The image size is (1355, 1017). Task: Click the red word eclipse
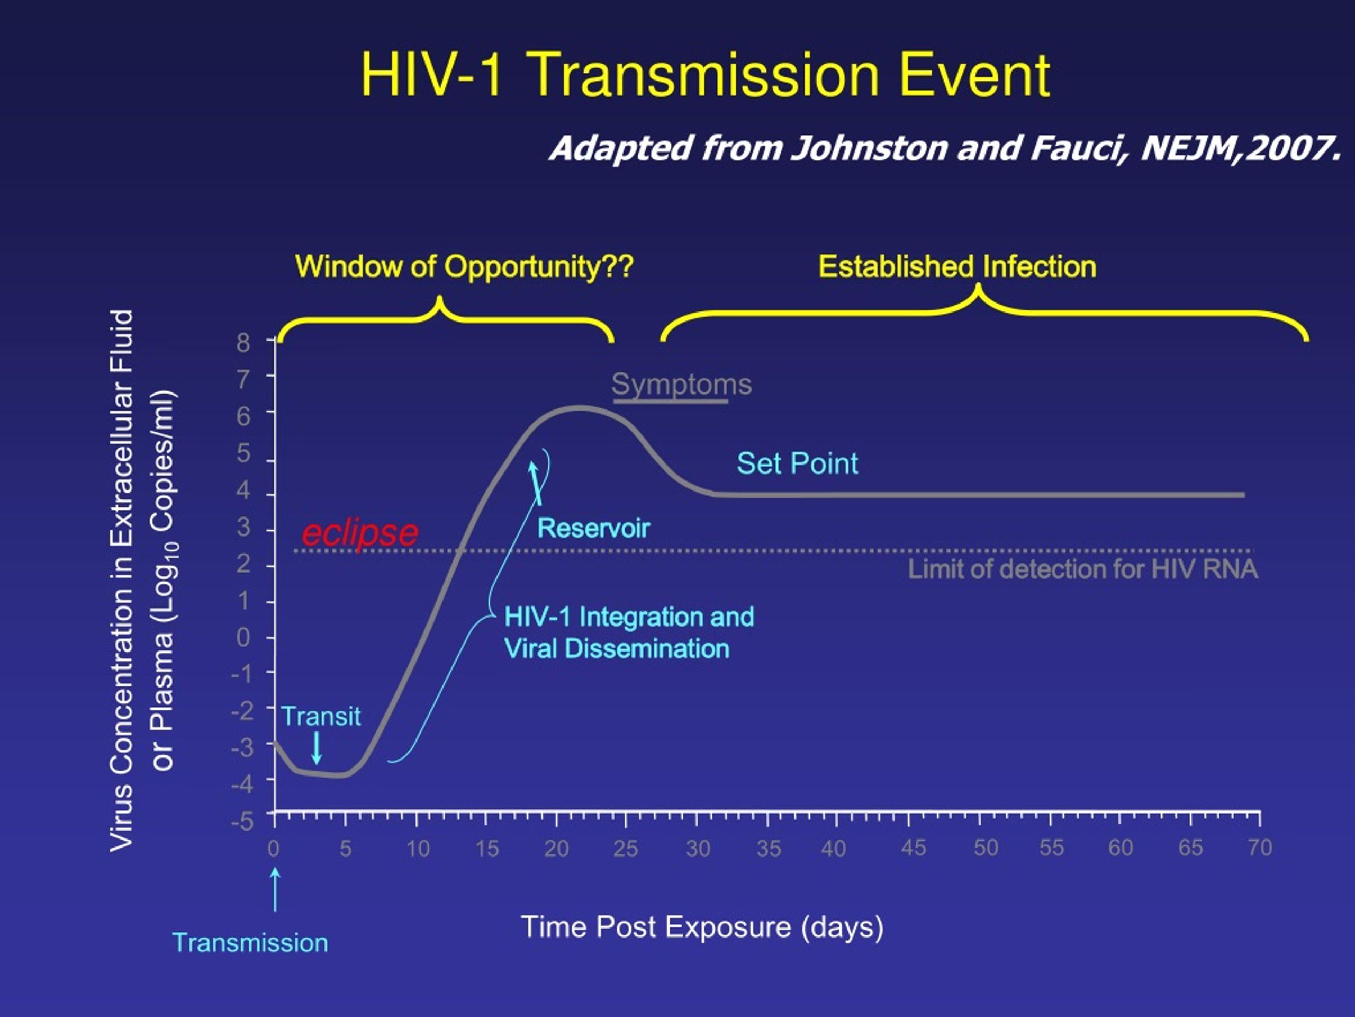[x=360, y=533]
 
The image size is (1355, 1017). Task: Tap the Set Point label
[x=797, y=463]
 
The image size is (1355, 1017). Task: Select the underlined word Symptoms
[x=681, y=385]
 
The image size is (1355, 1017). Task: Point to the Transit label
[x=321, y=716]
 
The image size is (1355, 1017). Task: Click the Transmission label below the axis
[x=250, y=943]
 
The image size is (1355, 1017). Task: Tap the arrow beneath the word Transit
[x=317, y=747]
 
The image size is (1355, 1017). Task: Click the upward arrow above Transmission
[x=275, y=889]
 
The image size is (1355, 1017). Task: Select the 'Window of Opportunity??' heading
[x=464, y=266]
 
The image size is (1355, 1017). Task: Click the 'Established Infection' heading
[x=957, y=266]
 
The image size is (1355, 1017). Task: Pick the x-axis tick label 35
[x=769, y=849]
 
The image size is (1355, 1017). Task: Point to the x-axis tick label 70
[x=1260, y=848]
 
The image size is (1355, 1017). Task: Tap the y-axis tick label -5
[x=242, y=821]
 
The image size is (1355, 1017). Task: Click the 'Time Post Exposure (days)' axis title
[x=702, y=927]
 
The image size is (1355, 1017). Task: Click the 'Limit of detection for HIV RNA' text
[x=1082, y=569]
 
